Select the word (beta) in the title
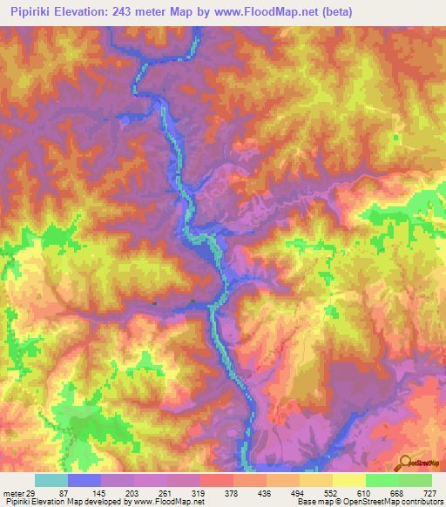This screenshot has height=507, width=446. coord(353,11)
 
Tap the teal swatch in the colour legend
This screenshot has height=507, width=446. coord(51,480)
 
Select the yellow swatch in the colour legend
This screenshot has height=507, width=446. coord(349,480)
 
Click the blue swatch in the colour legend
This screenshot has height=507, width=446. coord(84,480)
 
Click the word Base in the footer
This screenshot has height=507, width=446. coord(305,502)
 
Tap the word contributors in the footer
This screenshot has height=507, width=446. coord(420,502)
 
